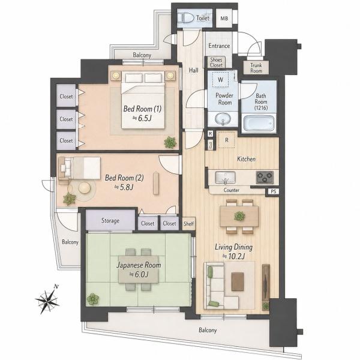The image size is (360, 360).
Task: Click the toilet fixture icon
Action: click(186, 17)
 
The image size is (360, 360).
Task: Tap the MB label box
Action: click(224, 18)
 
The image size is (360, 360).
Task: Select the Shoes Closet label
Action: click(216, 62)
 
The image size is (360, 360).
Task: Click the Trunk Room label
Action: click(256, 68)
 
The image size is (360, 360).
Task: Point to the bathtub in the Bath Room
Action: click(259, 123)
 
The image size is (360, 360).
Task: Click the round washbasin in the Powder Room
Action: click(223, 119)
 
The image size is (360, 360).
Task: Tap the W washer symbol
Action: click(220, 80)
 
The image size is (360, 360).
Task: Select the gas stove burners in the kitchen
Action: click(265, 177)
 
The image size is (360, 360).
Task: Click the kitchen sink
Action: click(225, 178)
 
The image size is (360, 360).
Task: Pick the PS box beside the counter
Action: click(273, 191)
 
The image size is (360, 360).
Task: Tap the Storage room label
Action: click(110, 221)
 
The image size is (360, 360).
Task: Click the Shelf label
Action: click(188, 223)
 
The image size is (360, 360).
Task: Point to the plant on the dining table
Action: click(239, 216)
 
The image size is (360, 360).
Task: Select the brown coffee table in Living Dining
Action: click(238, 282)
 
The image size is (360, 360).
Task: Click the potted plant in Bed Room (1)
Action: click(170, 142)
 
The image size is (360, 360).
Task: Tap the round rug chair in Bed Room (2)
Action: click(85, 188)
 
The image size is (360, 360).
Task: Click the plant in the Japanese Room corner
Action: click(93, 299)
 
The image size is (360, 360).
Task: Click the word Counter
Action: click(232, 190)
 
